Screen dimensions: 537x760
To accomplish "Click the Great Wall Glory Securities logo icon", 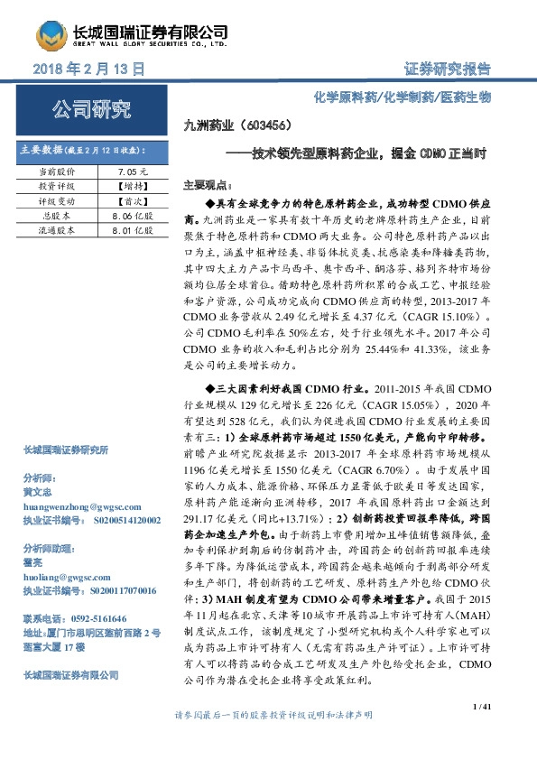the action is (51, 36).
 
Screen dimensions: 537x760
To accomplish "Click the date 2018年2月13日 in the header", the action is (88, 69).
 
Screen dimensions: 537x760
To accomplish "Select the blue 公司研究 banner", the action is (88, 111).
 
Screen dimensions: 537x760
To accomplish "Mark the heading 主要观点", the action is (203, 182).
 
